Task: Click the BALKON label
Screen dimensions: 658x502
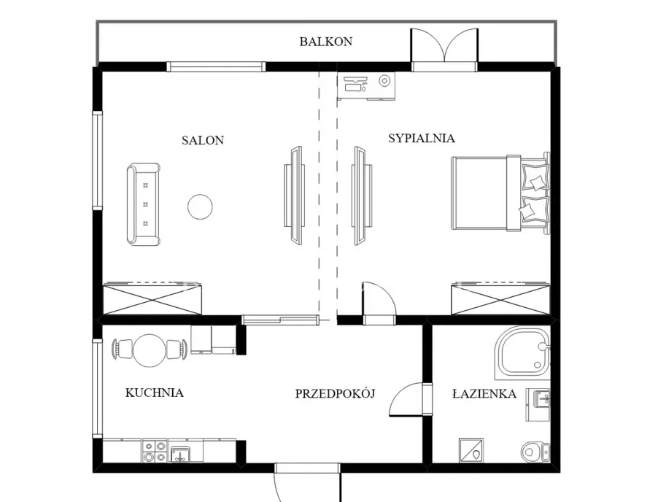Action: coord(325,42)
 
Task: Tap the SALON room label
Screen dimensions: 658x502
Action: coord(203,140)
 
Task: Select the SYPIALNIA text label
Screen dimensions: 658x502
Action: coord(422,138)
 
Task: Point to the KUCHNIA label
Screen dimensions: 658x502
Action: coord(155,393)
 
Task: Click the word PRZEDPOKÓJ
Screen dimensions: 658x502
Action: coord(335,393)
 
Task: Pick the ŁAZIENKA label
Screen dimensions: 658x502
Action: coord(484,393)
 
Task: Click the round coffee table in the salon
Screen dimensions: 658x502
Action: coord(200,206)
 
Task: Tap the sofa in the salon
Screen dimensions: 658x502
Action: coord(144,204)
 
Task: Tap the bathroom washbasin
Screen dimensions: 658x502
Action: coord(541,399)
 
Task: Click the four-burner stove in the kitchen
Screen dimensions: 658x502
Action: coord(155,451)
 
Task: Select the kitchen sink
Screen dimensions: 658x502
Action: coord(180,454)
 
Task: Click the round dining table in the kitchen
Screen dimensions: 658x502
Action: coord(150,350)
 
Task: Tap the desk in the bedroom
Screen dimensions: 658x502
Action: coord(366,86)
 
